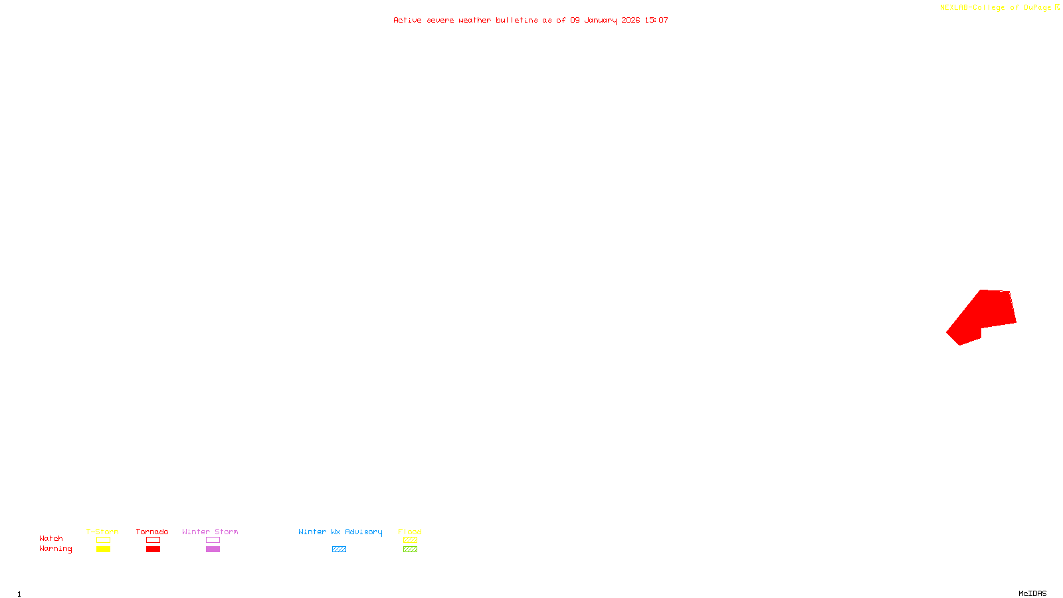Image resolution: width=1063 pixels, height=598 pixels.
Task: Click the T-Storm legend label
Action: tap(102, 532)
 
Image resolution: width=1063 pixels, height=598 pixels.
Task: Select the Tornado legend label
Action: tap(152, 532)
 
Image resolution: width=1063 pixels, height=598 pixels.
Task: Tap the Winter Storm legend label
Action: tap(210, 532)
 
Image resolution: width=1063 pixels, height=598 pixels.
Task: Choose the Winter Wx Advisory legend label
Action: tap(340, 532)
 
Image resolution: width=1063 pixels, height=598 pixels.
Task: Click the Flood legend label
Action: tap(410, 532)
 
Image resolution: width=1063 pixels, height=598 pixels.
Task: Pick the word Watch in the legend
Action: tap(51, 538)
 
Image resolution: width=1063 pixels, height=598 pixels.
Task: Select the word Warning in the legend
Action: tap(55, 549)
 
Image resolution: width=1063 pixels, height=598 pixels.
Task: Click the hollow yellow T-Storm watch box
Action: tap(103, 540)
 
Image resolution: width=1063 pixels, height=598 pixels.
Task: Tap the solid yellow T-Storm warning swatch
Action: tap(103, 549)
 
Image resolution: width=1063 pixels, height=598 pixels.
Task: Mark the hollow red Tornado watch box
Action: tap(153, 540)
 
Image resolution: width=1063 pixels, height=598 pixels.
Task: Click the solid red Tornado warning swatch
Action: tap(153, 549)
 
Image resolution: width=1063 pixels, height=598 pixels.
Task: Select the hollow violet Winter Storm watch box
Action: tap(213, 540)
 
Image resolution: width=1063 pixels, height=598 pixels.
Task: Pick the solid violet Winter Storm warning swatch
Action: tap(213, 549)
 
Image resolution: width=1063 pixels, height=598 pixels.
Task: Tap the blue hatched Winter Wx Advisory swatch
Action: tap(339, 549)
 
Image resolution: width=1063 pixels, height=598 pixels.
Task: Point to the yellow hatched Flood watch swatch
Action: tap(410, 540)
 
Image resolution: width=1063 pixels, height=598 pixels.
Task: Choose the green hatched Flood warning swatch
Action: tap(410, 549)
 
